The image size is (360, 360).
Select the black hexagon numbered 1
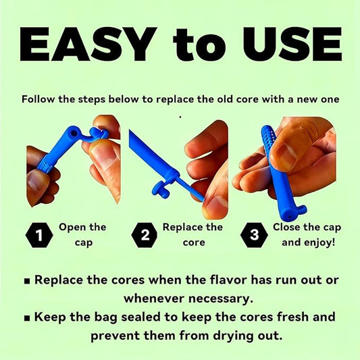click(39, 235)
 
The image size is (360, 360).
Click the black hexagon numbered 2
click(145, 235)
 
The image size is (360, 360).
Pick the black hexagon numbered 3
click(254, 235)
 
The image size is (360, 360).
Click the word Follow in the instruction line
click(38, 99)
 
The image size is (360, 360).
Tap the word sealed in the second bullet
click(141, 317)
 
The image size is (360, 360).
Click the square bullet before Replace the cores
click(27, 281)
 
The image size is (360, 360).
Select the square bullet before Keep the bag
click(27, 318)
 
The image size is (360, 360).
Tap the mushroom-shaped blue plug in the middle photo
click(161, 188)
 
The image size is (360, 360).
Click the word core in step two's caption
click(194, 243)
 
